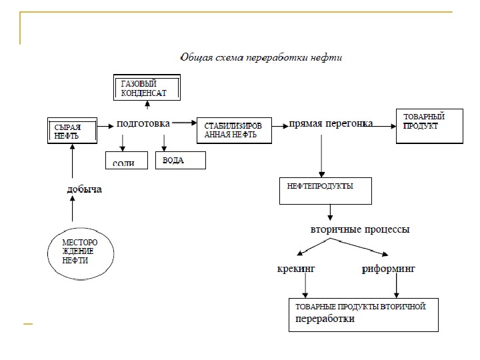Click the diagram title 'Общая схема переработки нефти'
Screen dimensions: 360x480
(x=261, y=57)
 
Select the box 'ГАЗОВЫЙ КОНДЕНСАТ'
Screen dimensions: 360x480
(x=149, y=89)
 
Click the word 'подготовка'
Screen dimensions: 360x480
(x=143, y=123)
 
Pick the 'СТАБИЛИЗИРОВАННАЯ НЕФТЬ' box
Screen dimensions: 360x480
(x=235, y=129)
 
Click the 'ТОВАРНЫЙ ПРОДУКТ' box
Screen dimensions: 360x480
(x=429, y=125)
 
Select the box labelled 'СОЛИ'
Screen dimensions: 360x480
(x=125, y=161)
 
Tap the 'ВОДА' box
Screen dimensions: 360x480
(x=180, y=161)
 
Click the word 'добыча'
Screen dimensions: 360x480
(x=85, y=189)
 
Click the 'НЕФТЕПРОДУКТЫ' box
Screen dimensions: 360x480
(x=325, y=191)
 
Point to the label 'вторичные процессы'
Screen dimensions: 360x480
(x=360, y=229)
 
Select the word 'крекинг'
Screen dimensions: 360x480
(x=295, y=269)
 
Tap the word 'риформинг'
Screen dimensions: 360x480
(x=388, y=269)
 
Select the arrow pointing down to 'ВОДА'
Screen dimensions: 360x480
(x=164, y=141)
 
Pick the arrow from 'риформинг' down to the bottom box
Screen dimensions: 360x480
(x=397, y=287)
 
